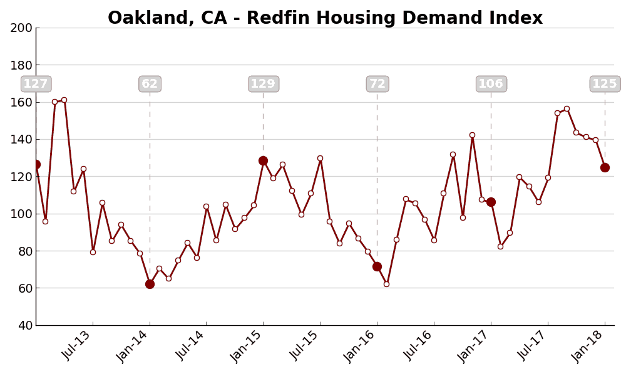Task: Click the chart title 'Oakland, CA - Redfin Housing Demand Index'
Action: [x=325, y=18]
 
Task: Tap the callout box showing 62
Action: [x=150, y=84]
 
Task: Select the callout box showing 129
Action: [x=263, y=84]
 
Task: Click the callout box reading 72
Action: [x=377, y=84]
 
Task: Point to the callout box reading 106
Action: [x=491, y=84]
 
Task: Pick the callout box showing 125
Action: [x=605, y=84]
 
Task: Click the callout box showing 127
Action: [x=36, y=84]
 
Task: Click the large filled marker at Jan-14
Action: [x=150, y=284]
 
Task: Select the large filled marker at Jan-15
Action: [x=263, y=160]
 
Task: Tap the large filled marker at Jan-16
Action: [x=377, y=266]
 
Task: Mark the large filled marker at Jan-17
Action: [x=491, y=202]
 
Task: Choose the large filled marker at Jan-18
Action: [x=605, y=167]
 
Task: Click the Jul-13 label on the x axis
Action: [x=77, y=345]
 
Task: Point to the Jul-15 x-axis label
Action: [x=305, y=345]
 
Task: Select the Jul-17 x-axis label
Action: [x=533, y=345]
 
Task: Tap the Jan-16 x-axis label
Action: [x=361, y=346]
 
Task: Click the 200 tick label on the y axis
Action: [x=21, y=28]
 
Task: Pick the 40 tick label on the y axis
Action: [x=24, y=325]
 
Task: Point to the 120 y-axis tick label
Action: [x=21, y=177]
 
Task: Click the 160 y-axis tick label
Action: [x=21, y=102]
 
